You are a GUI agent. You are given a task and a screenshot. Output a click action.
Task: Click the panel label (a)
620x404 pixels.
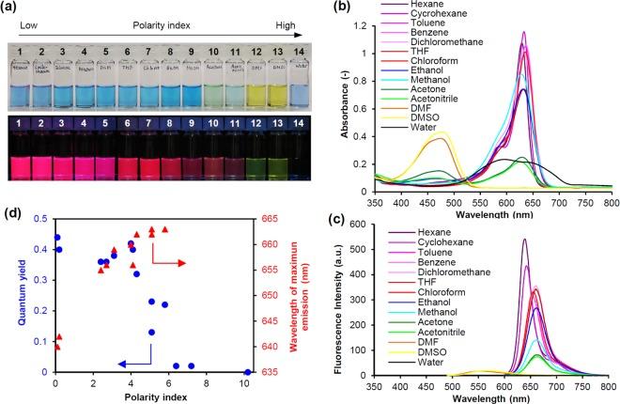pyautogui.click(x=13, y=8)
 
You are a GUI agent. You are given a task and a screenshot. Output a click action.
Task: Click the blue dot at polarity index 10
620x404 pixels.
pyautogui.click(x=246, y=372)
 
